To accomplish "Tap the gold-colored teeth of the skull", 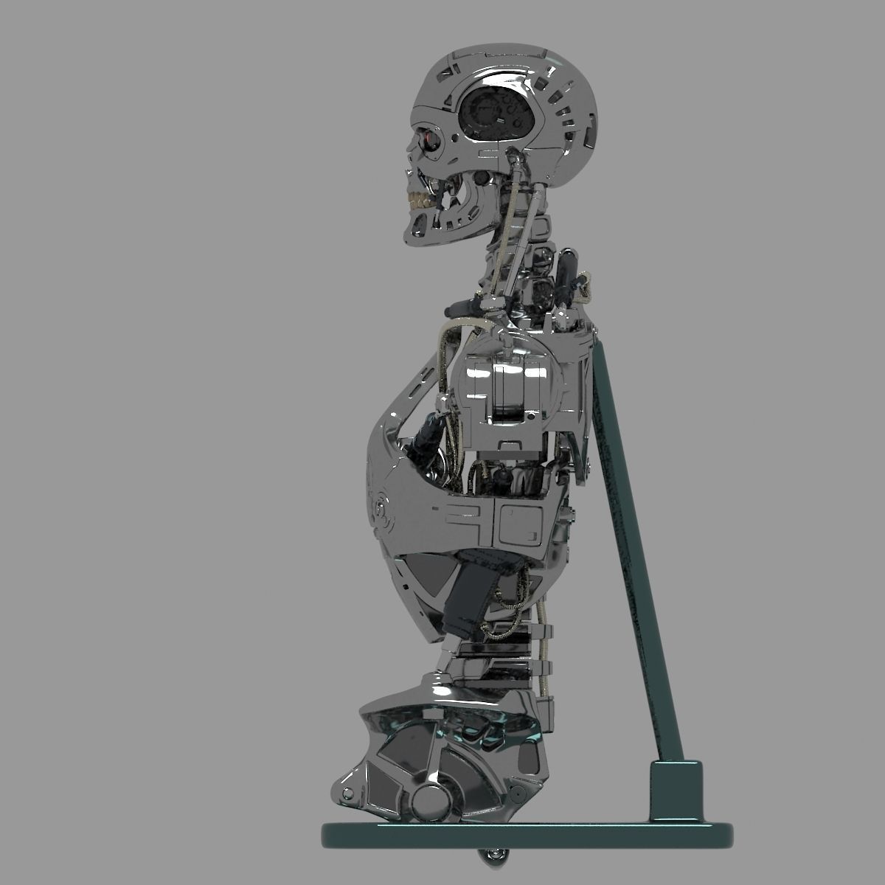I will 417,200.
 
